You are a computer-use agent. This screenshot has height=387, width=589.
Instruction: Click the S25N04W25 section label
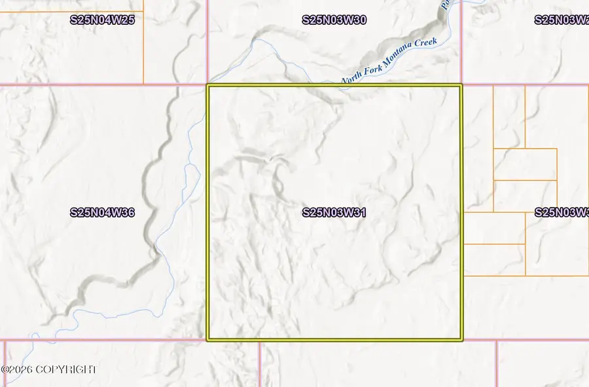pyautogui.click(x=102, y=20)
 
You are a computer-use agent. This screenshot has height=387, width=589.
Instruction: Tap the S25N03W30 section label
pyautogui.click(x=334, y=20)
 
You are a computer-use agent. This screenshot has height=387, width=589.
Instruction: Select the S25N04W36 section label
pyautogui.click(x=102, y=212)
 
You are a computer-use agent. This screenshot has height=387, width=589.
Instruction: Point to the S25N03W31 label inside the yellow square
pyautogui.click(x=334, y=212)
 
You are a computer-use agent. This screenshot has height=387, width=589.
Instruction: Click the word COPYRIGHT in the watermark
pyautogui.click(x=67, y=370)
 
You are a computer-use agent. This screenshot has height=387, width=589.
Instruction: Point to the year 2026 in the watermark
pyautogui.click(x=22, y=370)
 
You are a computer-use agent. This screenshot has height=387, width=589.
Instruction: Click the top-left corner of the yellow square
pyautogui.click(x=208, y=85)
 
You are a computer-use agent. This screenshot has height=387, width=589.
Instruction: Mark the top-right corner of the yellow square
pyautogui.click(x=461, y=85)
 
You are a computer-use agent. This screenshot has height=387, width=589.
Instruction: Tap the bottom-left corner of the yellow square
pyautogui.click(x=208, y=340)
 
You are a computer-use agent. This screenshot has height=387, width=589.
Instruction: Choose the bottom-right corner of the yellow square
pyautogui.click(x=461, y=340)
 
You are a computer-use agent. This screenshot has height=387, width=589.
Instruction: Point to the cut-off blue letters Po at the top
pyautogui.click(x=444, y=5)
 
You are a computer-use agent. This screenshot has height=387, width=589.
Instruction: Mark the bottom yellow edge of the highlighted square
pyautogui.click(x=334, y=340)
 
